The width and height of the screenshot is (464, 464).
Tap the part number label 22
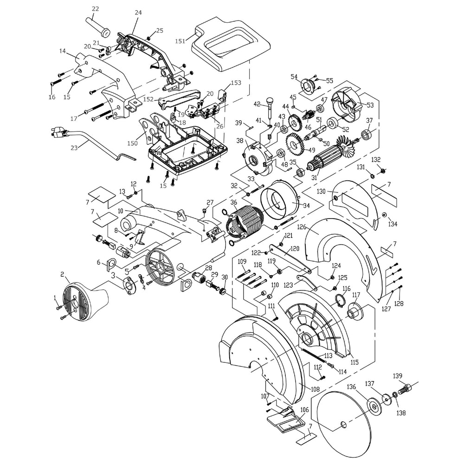(x=96, y=9)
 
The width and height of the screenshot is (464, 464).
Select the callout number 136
(x=351, y=387)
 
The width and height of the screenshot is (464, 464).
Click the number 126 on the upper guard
(x=303, y=227)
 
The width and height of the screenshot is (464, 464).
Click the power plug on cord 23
(x=58, y=133)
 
